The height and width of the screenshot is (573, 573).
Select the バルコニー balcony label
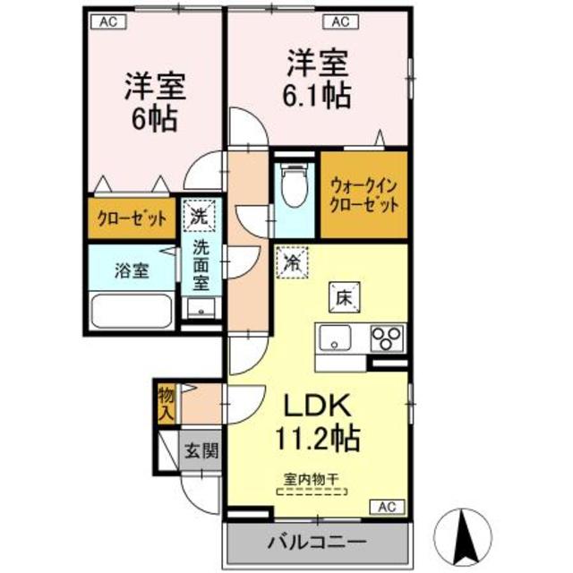click(315, 542)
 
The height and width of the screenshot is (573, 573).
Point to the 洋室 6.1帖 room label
click(319, 79)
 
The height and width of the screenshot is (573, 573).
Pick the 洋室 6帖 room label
click(154, 100)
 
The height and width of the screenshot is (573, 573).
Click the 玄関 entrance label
click(201, 451)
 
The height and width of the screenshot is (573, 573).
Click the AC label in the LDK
click(385, 507)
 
